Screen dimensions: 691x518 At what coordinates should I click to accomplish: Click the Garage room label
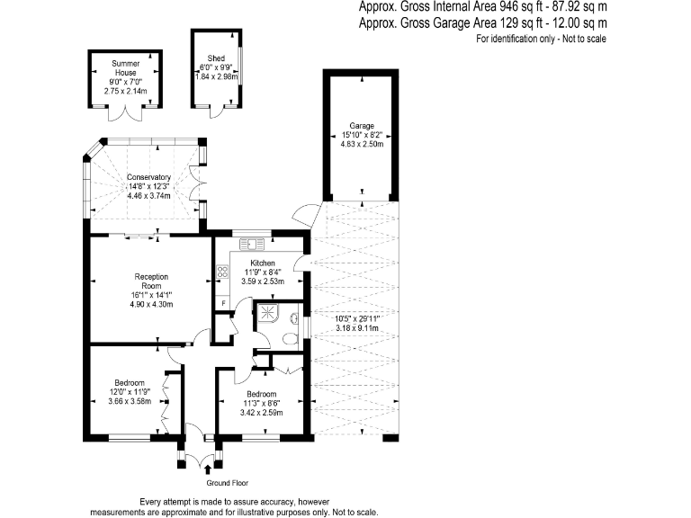tap(362, 126)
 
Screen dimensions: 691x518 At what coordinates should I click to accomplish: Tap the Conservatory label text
tap(148, 177)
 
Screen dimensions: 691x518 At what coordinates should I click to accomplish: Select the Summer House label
tap(126, 67)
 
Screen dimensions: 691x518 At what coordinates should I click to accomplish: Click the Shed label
tap(216, 58)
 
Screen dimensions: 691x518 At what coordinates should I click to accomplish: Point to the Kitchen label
tap(263, 263)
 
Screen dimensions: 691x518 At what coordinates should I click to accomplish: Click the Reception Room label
tap(151, 281)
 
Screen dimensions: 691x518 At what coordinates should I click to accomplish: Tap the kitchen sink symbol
tap(252, 244)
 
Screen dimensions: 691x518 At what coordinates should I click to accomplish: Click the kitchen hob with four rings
tap(222, 272)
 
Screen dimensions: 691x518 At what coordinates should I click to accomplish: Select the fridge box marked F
tap(223, 303)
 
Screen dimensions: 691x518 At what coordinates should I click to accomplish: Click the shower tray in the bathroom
tap(267, 312)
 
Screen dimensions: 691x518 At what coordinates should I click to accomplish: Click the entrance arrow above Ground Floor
tap(208, 470)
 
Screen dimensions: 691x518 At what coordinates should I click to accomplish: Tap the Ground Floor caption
tap(228, 483)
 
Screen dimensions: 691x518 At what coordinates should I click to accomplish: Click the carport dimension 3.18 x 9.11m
tap(357, 328)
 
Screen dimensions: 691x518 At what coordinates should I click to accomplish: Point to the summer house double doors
tap(126, 113)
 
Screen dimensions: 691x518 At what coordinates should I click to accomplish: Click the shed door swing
tap(217, 112)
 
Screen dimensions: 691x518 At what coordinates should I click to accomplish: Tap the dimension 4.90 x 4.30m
tap(151, 304)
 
